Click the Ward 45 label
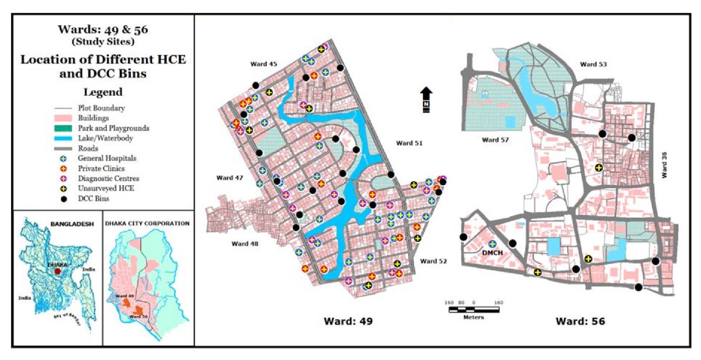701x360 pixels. tap(265, 64)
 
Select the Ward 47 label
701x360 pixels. tap(230, 177)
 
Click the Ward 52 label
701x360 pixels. tap(433, 261)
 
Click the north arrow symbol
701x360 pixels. tap(426, 98)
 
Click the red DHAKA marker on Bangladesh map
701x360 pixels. tap(57, 271)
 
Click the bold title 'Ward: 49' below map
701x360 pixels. tap(349, 321)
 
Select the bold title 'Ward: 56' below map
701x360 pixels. tap(580, 321)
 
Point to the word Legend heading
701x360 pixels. tap(103, 92)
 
